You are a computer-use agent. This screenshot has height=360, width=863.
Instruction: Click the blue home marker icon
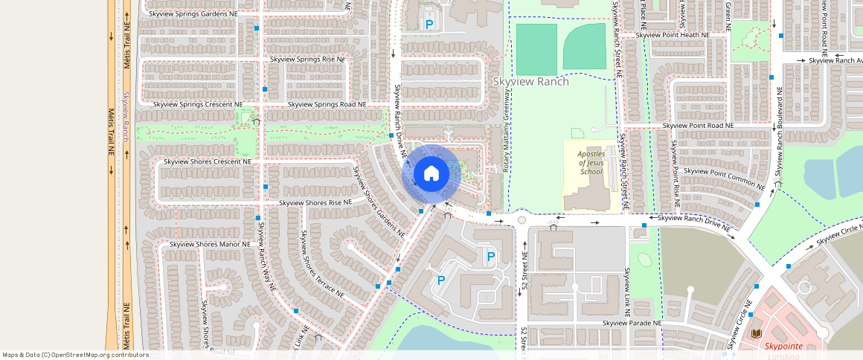click(x=431, y=174)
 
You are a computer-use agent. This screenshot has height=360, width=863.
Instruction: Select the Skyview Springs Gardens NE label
click(x=193, y=13)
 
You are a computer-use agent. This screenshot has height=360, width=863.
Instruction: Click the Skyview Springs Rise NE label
click(x=308, y=59)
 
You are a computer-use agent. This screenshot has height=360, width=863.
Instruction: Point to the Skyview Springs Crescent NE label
click(x=198, y=105)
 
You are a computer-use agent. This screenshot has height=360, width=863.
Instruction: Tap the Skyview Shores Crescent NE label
click(x=208, y=161)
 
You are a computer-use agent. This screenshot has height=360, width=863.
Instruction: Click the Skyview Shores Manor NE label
click(x=210, y=244)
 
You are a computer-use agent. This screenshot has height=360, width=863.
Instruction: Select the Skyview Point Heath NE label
click(x=672, y=35)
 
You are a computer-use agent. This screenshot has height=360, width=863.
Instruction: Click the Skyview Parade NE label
click(x=632, y=324)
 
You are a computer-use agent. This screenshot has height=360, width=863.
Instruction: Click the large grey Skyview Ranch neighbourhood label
click(x=531, y=81)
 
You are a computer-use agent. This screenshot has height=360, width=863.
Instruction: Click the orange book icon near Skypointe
click(x=757, y=333)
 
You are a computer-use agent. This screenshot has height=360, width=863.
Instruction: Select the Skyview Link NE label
click(x=628, y=289)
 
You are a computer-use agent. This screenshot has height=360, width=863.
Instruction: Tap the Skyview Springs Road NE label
click(x=327, y=105)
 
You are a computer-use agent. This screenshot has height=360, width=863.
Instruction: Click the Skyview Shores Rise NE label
click(x=315, y=203)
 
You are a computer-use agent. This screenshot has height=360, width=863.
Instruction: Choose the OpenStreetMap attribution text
click(x=75, y=355)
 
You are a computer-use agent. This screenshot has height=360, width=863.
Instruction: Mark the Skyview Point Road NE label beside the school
click(x=698, y=126)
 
